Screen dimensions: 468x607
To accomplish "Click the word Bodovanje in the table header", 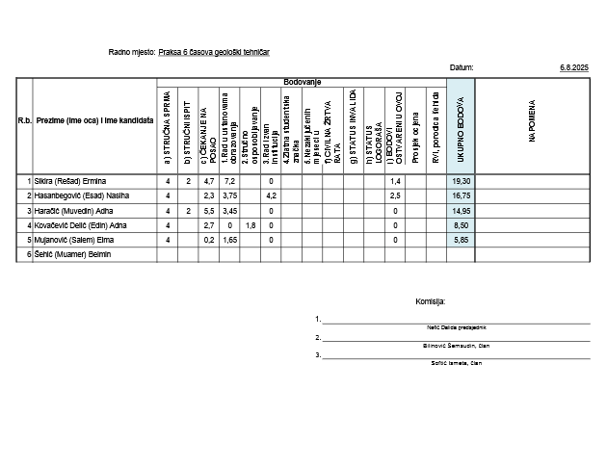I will [x=302, y=83].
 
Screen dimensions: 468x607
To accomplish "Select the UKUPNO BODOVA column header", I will [x=461, y=125].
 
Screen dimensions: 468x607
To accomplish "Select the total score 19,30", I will [x=461, y=181].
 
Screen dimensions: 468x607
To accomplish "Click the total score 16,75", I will [x=461, y=195].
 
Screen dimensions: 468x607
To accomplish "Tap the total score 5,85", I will [x=462, y=240].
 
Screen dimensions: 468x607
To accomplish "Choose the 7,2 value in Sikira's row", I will [x=229, y=181].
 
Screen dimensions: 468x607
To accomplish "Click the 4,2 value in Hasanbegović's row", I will [x=271, y=195].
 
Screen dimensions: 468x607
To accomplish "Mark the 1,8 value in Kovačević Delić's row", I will [x=251, y=225].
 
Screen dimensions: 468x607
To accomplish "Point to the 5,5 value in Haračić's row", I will [x=209, y=210].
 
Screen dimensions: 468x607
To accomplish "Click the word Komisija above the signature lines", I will [x=430, y=301].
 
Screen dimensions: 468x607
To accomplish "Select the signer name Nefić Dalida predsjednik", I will [x=456, y=327].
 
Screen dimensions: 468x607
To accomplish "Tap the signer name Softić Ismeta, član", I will [x=457, y=362].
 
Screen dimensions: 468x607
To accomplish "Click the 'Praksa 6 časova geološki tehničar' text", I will [x=214, y=51].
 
